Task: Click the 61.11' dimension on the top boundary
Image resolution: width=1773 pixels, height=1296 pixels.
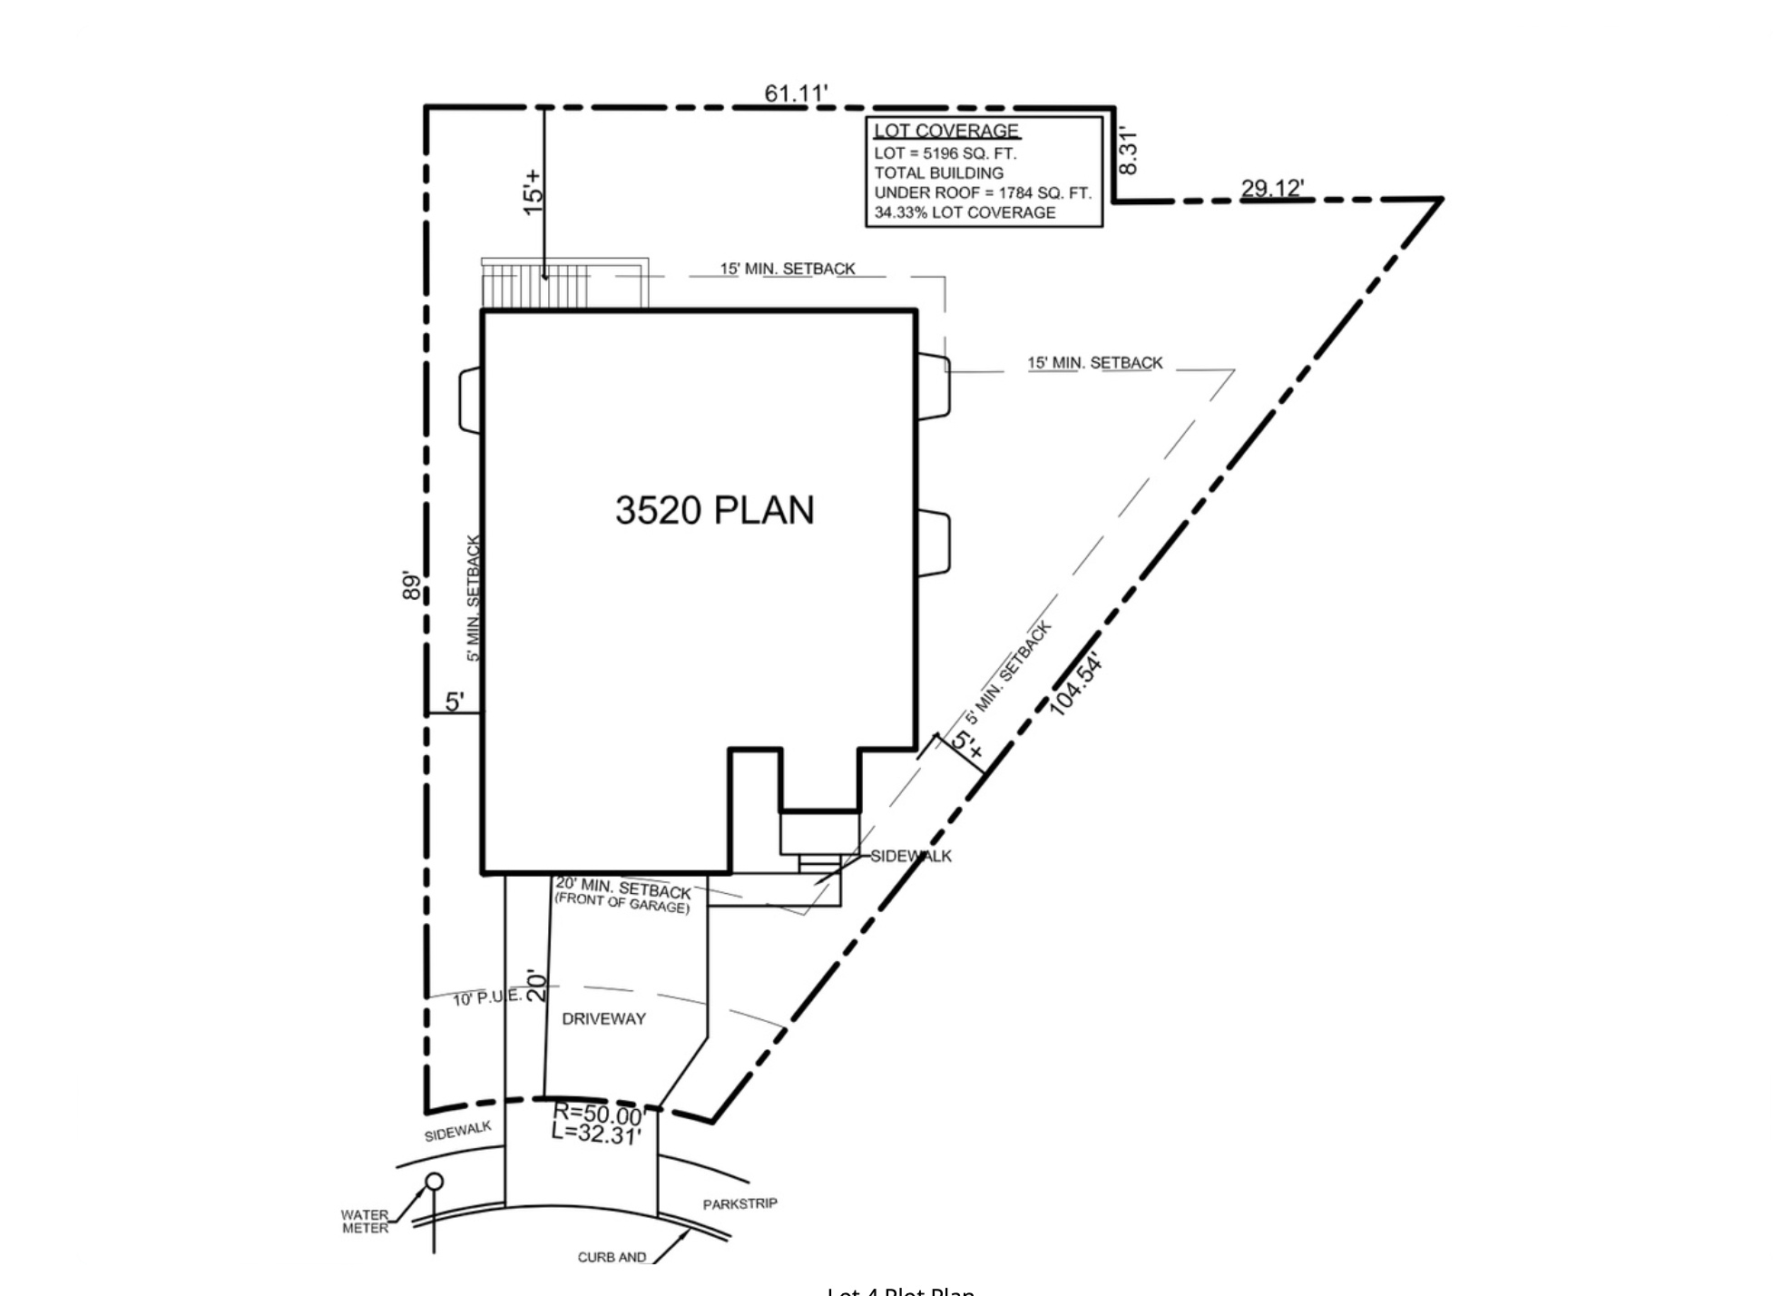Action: click(796, 94)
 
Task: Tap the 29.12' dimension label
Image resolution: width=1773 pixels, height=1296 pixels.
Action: click(1272, 188)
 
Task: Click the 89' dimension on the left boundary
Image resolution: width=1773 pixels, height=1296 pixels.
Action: click(412, 585)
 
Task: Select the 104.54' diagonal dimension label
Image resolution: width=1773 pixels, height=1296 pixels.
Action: click(1077, 683)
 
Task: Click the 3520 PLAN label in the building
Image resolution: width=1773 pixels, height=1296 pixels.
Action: click(714, 510)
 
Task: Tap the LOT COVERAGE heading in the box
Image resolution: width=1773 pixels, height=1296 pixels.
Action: click(946, 131)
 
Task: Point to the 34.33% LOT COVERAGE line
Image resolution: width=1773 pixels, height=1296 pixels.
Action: click(965, 212)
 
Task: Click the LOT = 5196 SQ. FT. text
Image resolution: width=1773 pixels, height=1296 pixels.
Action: click(945, 153)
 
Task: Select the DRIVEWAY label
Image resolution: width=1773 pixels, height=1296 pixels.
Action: click(603, 1019)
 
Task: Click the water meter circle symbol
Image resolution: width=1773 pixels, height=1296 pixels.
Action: click(435, 1182)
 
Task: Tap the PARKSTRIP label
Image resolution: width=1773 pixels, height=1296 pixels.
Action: click(740, 1204)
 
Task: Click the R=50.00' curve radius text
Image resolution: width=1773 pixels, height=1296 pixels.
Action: click(598, 1114)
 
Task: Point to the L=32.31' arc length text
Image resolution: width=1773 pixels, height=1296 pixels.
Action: click(596, 1134)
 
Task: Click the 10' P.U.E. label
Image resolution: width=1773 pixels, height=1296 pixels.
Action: click(487, 997)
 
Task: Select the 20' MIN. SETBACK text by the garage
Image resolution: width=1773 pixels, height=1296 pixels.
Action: click(623, 889)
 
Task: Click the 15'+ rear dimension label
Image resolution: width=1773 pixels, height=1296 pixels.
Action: click(534, 191)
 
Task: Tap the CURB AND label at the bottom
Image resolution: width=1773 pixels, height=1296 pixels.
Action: click(612, 1257)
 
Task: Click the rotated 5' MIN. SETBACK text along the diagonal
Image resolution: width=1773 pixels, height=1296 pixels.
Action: click(1008, 673)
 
